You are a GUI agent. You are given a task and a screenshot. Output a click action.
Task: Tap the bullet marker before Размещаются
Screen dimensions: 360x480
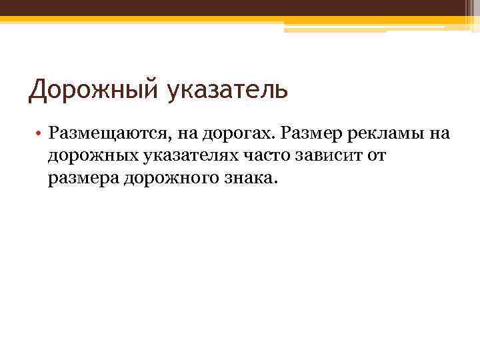(x=41, y=133)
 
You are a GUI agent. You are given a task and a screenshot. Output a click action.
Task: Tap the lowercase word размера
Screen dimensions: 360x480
(x=83, y=179)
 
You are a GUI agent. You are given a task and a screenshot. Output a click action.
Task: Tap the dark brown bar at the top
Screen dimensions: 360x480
(x=240, y=8)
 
